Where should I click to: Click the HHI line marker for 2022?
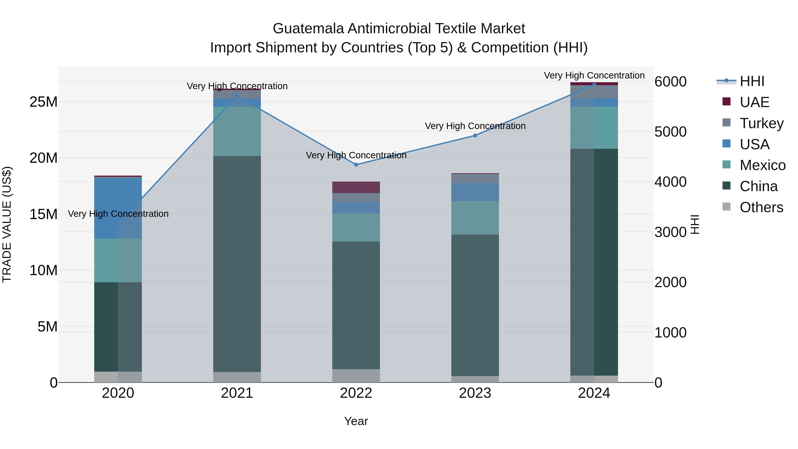356,165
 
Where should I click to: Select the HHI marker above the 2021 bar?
237,96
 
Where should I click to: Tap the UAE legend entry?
754,102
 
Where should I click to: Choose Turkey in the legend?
761,123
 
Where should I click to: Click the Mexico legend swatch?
726,165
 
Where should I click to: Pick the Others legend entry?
761,207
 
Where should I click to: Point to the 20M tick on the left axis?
43,158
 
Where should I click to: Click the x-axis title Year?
356,421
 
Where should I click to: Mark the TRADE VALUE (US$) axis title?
7,224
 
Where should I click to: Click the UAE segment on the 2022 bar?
356,187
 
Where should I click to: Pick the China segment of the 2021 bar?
237,263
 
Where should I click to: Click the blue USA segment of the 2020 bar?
118,208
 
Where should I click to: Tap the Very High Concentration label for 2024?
594,75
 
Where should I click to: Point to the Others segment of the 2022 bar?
356,376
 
